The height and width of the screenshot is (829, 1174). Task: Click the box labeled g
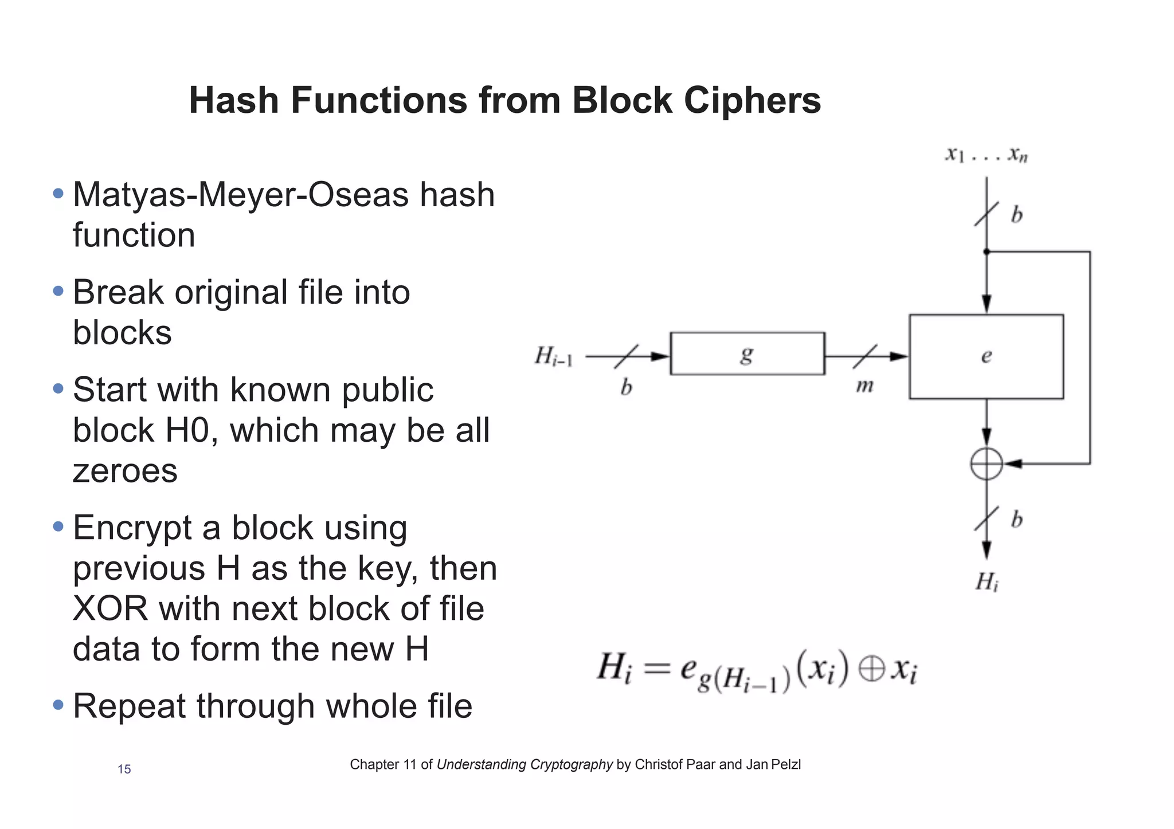747,353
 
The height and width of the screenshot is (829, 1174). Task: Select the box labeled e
986,356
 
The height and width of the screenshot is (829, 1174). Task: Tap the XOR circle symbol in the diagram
986,464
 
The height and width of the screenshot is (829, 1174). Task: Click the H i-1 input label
553,356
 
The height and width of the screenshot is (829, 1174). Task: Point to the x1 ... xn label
986,155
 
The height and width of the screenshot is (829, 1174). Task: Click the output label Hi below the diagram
987,583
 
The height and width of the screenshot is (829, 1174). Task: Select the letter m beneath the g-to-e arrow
864,386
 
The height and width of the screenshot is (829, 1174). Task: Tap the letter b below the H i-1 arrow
626,388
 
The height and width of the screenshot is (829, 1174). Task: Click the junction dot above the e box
986,252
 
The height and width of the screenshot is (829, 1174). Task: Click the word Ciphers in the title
752,100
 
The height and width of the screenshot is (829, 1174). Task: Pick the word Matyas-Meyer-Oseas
241,195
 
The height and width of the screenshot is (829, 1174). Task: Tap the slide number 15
124,769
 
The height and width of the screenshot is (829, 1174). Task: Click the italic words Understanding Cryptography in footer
525,764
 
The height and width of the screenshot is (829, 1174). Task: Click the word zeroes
125,471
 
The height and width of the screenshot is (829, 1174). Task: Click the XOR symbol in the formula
872,669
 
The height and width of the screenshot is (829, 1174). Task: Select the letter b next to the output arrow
1016,520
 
